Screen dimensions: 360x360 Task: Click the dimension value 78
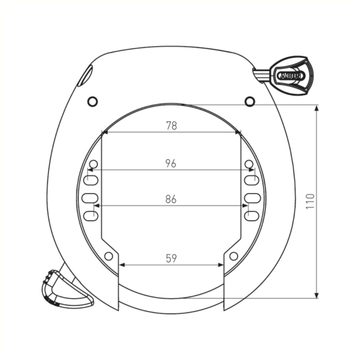pos(171,126)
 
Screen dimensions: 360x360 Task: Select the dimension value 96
pos(171,163)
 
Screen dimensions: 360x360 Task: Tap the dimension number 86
pos(171,199)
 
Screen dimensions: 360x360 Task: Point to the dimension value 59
pos(171,258)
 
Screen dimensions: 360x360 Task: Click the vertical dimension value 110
pos(309,202)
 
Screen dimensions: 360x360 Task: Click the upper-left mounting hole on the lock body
pos(92,101)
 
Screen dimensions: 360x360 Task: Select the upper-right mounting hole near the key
pos(250,101)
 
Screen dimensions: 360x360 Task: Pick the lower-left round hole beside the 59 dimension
pos(108,256)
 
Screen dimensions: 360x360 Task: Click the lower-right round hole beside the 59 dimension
pos(233,256)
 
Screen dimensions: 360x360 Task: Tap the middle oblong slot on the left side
pos(90,198)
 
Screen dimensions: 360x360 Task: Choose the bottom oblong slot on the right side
pos(252,216)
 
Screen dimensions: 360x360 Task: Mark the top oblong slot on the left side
pos(90,181)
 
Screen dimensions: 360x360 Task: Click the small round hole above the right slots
pos(249,163)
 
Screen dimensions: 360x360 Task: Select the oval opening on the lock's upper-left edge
pos(85,76)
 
